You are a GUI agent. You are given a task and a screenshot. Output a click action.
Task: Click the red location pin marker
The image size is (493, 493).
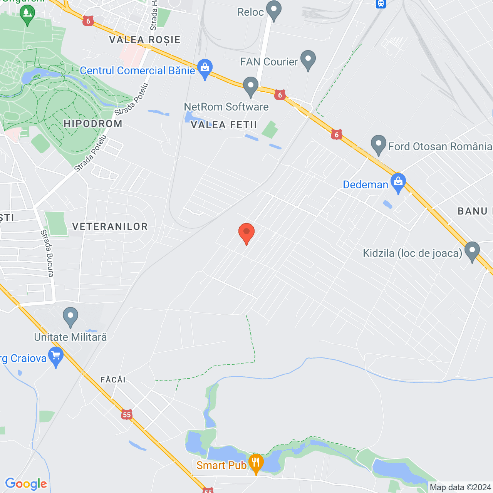tap(246, 232)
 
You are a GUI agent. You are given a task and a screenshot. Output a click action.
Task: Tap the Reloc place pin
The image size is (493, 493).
tap(274, 11)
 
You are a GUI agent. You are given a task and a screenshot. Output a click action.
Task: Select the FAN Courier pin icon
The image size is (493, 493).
tap(308, 60)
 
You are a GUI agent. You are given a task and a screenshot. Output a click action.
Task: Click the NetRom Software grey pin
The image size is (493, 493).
tap(251, 87)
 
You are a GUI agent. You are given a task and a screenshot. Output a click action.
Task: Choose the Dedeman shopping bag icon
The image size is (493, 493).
tap(398, 183)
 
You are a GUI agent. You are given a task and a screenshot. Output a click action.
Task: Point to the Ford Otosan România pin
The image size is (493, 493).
tap(379, 145)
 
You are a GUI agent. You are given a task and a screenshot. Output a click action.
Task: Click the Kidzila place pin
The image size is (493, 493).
tap(472, 251)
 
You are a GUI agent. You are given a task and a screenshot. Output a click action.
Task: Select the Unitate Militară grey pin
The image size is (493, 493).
tap(70, 317)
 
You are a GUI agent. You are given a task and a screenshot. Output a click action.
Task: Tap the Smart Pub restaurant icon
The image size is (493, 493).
tap(256, 463)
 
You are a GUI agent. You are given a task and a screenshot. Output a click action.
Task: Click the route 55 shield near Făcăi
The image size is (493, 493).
tap(127, 414)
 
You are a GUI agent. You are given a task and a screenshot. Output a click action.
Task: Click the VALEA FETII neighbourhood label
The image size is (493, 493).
tap(224, 125)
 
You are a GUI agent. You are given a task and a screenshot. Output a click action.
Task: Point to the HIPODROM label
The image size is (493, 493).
tap(93, 124)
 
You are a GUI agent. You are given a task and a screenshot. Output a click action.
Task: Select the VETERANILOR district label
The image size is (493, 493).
tap(110, 226)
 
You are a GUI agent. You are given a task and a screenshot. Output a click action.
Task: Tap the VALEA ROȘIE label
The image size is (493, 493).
tap(145, 40)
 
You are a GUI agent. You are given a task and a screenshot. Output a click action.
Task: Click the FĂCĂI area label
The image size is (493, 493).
tap(113, 380)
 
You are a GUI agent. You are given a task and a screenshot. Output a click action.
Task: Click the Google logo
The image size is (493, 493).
tap(26, 484)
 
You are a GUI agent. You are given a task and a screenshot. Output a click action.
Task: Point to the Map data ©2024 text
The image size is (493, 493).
tap(460, 488)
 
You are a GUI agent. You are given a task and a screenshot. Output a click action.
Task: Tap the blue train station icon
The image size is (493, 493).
tap(381, 3)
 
